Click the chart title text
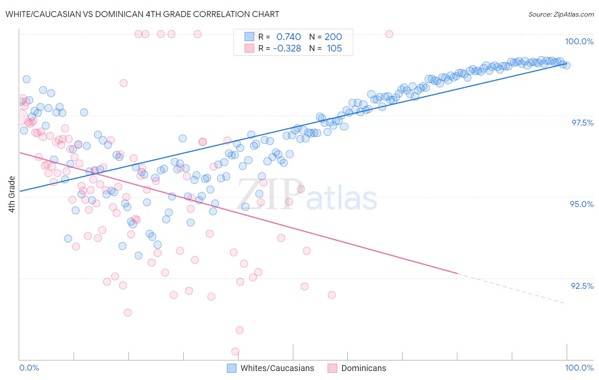(142, 14)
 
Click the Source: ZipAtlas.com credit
(561, 14)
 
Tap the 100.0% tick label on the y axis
(579, 41)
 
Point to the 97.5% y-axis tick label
(582, 123)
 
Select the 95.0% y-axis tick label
(582, 204)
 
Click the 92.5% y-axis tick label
(582, 286)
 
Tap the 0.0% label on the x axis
(29, 368)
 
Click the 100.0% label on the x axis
(579, 368)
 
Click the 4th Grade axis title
(12, 194)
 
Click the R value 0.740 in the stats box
(288, 37)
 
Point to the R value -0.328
(287, 49)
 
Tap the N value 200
(333, 37)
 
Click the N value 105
(334, 49)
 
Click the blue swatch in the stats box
(249, 37)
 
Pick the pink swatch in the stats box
(249, 49)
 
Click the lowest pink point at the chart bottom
(235, 351)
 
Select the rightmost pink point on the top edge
(389, 34)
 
